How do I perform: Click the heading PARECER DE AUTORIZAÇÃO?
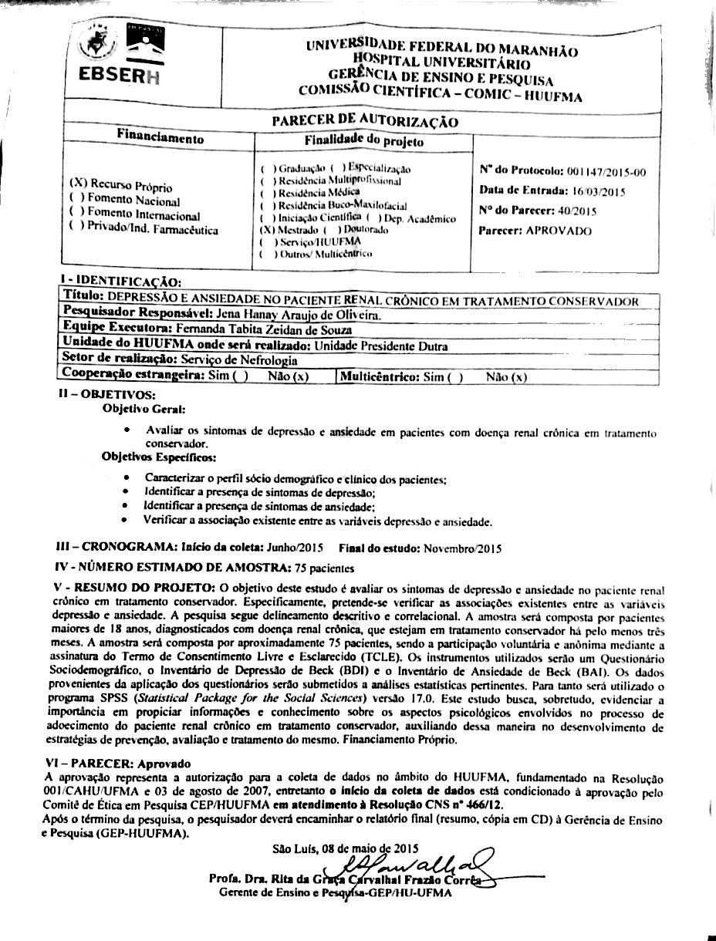[x=364, y=122]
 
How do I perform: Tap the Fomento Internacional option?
[x=135, y=216]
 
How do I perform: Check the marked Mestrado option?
[x=267, y=230]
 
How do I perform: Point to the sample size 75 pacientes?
[x=323, y=568]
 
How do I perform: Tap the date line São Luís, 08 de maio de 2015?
[x=345, y=848]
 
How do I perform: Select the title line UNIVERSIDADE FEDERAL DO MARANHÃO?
[x=441, y=48]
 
